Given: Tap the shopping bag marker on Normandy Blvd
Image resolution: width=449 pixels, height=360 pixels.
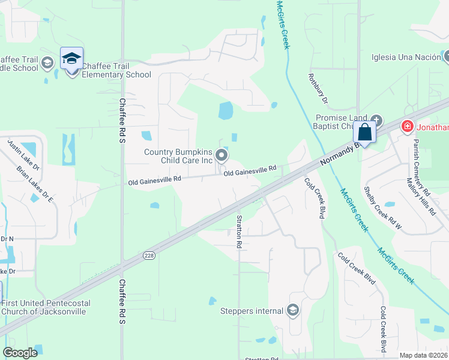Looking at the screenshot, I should coord(364,132).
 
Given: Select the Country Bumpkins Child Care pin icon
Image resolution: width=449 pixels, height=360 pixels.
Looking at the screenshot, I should coord(221,156).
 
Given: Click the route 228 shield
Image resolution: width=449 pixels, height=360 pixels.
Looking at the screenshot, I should coord(149,256).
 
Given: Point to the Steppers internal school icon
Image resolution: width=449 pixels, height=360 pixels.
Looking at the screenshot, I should coord(292,310).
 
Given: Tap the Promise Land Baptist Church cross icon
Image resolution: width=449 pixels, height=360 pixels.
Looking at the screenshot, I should coord(376,119).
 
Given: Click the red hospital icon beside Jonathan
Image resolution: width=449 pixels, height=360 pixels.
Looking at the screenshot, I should coord(407,126).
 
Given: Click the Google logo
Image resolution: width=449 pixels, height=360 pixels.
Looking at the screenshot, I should coord(20,353).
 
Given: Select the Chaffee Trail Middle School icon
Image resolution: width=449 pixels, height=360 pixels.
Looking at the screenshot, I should coord(46,62).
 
